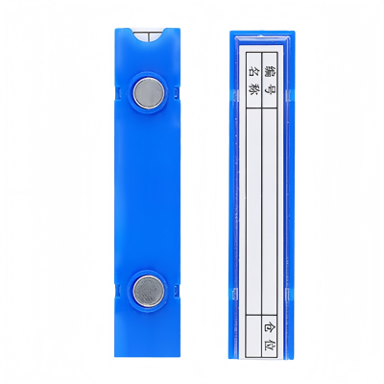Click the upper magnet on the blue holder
[x=148, y=92]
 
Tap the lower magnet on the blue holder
[x=148, y=291]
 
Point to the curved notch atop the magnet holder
[x=149, y=36]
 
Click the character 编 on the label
[x=270, y=70]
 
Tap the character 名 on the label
[x=253, y=70]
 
